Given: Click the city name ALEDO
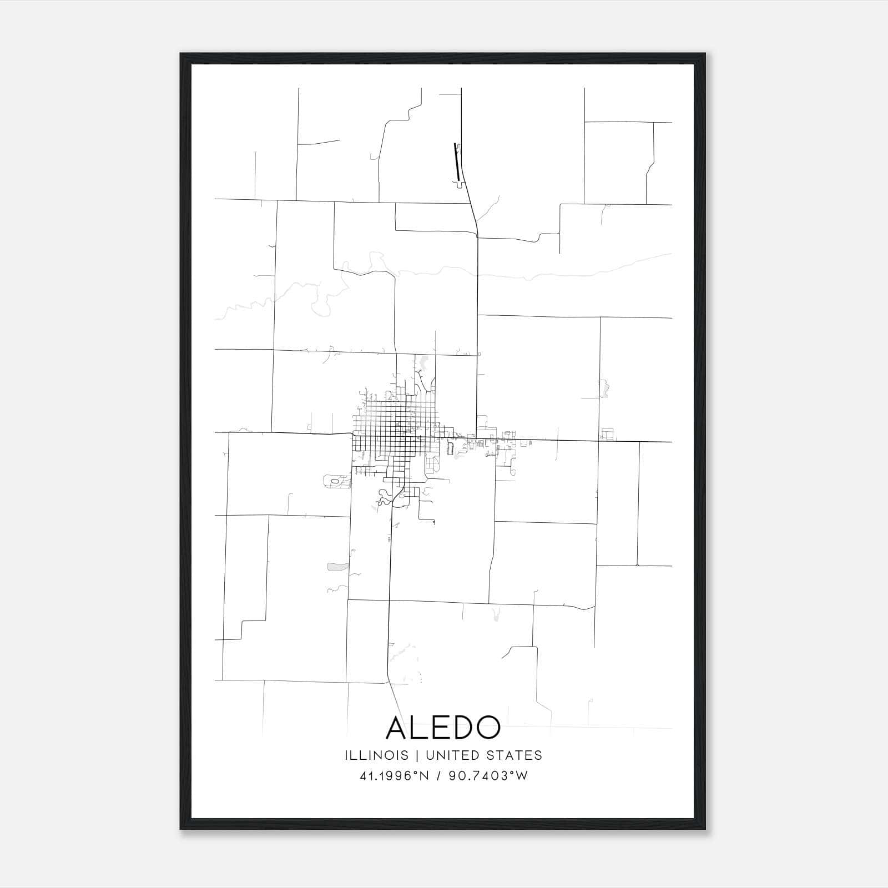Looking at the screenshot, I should coord(443,727).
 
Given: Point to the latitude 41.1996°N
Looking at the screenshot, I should coord(394,776).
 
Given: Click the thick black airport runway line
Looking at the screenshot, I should coord(456,161).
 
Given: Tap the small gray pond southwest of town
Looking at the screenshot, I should coord(337,567).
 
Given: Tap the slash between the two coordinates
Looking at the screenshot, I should coord(439,776).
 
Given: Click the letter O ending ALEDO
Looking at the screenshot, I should coord(486,727).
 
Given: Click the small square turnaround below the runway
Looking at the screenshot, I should coord(459,184).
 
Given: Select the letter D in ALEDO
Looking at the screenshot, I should coord(460,727).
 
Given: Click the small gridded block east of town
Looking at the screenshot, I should coord(608,435).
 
